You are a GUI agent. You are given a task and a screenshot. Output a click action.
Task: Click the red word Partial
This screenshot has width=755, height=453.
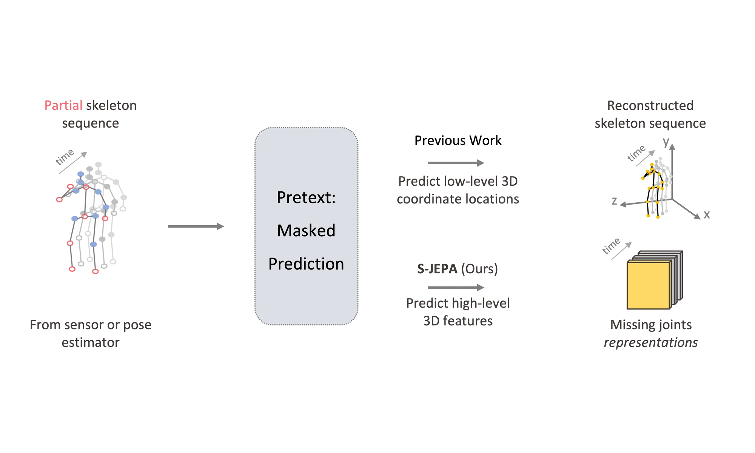click(x=63, y=105)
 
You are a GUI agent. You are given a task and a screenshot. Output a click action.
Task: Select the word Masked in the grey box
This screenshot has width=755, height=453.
click(x=306, y=231)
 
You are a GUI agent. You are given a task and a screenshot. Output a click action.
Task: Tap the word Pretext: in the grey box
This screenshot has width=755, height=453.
click(x=306, y=197)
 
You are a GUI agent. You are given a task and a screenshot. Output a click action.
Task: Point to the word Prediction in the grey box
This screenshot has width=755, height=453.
click(x=306, y=264)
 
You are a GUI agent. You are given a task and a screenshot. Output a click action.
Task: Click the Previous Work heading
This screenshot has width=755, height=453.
click(x=458, y=140)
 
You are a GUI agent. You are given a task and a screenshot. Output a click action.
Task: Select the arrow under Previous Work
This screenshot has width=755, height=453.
click(x=456, y=163)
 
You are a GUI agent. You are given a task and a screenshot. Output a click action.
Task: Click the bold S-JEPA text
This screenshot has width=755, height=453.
click(x=437, y=269)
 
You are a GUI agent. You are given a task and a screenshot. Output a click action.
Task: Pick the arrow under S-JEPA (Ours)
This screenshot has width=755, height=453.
click(x=456, y=288)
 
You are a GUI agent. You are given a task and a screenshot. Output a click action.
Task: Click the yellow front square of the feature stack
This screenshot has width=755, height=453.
click(x=648, y=285)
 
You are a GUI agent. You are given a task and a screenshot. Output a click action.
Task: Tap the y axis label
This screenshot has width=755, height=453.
click(x=666, y=142)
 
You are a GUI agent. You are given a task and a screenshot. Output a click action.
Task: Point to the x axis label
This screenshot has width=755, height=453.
click(x=707, y=214)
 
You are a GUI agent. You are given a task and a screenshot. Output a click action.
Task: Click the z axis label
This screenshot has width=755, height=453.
click(x=614, y=201)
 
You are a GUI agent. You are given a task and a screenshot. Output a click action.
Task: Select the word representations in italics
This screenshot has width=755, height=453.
click(x=650, y=342)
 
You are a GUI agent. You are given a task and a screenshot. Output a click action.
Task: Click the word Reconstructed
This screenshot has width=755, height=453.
click(x=650, y=105)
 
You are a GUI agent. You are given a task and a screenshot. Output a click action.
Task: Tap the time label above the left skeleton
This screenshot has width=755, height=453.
click(x=65, y=157)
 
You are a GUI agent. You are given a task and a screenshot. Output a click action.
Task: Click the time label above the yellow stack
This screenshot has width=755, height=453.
click(x=611, y=246)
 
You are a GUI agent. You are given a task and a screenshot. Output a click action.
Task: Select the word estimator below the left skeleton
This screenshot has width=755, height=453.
click(x=91, y=342)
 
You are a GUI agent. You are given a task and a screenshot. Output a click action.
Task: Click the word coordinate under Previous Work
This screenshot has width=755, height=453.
click(x=427, y=199)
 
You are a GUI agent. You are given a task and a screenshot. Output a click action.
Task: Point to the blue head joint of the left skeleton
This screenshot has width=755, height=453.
click(x=80, y=174)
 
